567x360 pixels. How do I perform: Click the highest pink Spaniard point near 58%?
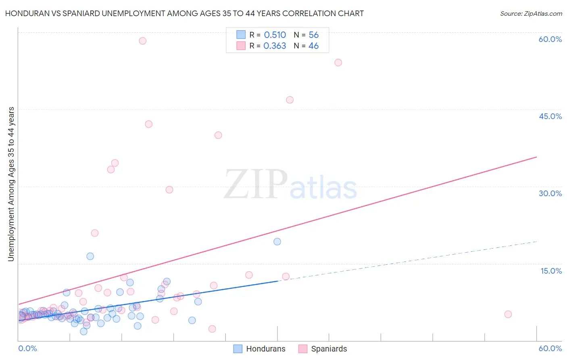[x=142, y=41]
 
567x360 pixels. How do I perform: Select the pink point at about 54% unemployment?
[x=338, y=63]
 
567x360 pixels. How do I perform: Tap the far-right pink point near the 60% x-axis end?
[x=508, y=314]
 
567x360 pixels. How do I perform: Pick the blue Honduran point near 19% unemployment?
[x=277, y=242]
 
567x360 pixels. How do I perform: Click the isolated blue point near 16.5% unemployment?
[x=90, y=256]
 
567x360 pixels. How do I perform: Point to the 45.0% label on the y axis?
[x=550, y=116]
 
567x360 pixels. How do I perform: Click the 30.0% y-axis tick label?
[x=550, y=193]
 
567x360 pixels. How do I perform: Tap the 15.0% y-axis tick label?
[x=551, y=271]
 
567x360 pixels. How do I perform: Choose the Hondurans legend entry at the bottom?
[x=260, y=349]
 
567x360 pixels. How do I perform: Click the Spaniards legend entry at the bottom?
[x=323, y=349]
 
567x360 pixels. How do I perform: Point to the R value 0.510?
[x=275, y=35]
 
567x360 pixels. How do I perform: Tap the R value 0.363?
[x=275, y=46]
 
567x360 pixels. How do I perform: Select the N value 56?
[x=313, y=35]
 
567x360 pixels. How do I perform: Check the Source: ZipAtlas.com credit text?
[x=531, y=14]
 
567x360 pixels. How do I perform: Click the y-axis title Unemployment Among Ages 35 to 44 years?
[x=11, y=184]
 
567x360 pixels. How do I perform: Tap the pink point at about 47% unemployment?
[x=290, y=100]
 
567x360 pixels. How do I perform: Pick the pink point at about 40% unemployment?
[x=218, y=135]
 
